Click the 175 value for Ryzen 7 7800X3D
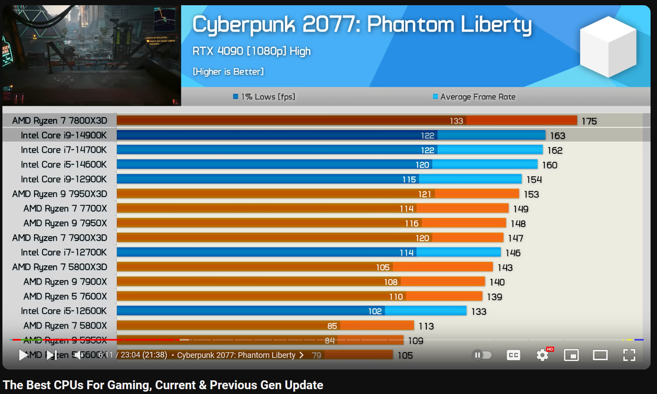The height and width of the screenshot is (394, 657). [589, 121]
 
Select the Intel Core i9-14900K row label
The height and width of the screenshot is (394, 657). [63, 135]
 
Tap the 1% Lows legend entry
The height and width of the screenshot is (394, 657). [264, 97]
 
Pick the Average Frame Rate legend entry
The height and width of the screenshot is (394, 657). [474, 97]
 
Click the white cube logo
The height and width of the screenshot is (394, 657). [608, 47]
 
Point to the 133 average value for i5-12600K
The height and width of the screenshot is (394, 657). [479, 312]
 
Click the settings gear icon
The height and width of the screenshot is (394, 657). [542, 355]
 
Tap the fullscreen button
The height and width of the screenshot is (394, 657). [629, 355]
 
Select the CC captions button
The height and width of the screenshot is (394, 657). [514, 355]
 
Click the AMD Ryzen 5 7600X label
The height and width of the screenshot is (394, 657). [65, 296]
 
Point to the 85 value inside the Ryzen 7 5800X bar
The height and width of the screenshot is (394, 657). [332, 326]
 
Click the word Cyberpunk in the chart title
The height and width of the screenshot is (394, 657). [244, 25]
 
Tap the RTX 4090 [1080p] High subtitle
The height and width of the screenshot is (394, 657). [252, 51]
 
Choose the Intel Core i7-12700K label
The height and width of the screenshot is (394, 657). [63, 253]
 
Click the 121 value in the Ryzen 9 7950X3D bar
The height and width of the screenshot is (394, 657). [424, 194]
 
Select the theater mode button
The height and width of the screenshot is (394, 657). [600, 355]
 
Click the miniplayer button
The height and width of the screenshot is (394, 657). [571, 355]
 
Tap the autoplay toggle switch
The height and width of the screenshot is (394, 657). [482, 355]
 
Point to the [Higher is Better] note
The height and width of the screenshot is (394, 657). [228, 72]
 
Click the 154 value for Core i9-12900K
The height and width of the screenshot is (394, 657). [534, 180]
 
